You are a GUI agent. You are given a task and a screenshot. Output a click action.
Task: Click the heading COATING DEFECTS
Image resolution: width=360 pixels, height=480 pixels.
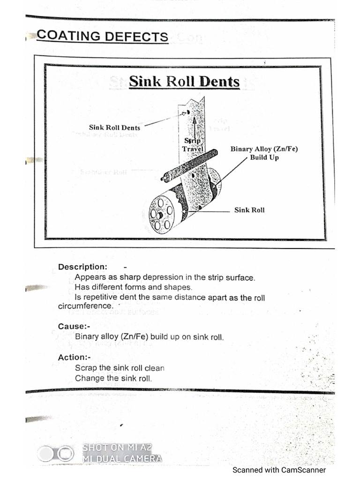point(102,36)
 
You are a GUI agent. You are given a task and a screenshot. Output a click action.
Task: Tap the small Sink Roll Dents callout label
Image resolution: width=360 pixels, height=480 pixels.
point(114,127)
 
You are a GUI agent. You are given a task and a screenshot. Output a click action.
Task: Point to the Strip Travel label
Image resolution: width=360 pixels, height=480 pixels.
point(192,145)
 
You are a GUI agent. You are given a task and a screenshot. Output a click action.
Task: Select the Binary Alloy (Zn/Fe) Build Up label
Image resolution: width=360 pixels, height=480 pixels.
point(264,153)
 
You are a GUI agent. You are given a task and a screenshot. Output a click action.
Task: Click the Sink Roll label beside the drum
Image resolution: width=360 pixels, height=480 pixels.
point(249,210)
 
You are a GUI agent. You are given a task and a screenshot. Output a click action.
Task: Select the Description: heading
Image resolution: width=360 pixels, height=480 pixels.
point(82,267)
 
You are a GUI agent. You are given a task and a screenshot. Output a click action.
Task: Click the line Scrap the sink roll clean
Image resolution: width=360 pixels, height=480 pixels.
point(120,368)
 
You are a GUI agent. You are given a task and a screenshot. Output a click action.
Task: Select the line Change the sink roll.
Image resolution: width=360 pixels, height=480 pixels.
point(113,378)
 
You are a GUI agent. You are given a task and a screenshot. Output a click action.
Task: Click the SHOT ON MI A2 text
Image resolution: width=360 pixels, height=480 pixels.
point(117,448)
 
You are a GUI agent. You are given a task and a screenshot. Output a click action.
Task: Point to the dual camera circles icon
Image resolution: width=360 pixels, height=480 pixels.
point(56,454)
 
